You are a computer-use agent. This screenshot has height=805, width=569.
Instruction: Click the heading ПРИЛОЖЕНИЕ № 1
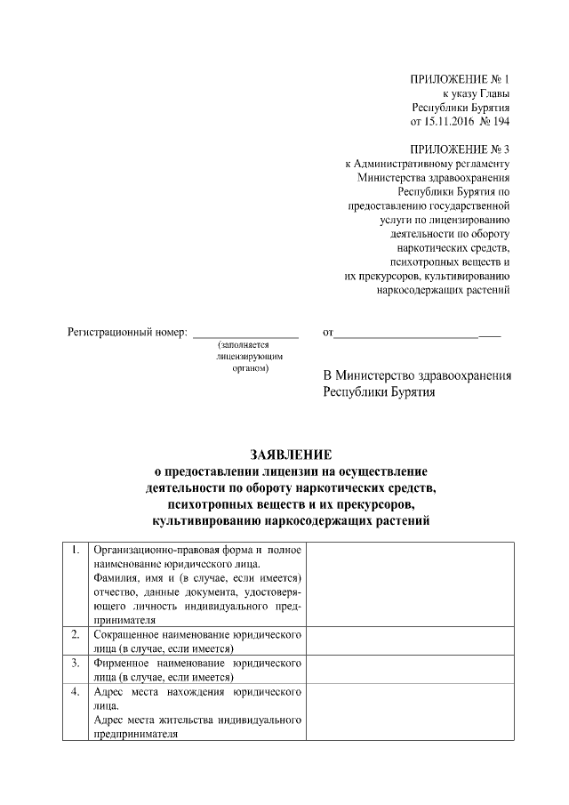pyautogui.click(x=461, y=79)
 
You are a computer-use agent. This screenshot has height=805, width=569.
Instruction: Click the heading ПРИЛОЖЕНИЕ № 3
pyautogui.click(x=461, y=149)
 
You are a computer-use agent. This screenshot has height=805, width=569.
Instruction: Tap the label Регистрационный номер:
pyautogui.click(x=128, y=333)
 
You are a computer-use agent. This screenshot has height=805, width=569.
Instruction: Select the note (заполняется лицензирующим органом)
pyautogui.click(x=244, y=356)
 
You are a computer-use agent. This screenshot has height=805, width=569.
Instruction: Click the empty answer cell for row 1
pyautogui.click(x=410, y=584)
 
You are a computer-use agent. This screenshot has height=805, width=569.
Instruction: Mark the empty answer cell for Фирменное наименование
pyautogui.click(x=410, y=669)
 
